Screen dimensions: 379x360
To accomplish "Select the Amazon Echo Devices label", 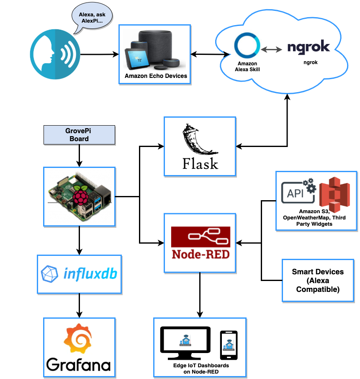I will pos(156,76).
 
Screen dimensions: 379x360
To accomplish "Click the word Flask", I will pos(200,163).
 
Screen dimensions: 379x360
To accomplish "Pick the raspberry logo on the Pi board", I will pos(80,197).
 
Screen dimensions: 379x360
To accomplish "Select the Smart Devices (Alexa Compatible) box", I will pos(318,280).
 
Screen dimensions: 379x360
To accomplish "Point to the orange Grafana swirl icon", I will pos(78,339).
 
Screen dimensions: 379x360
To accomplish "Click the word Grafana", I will pos(78,364).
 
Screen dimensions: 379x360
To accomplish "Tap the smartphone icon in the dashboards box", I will pos(229,344).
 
